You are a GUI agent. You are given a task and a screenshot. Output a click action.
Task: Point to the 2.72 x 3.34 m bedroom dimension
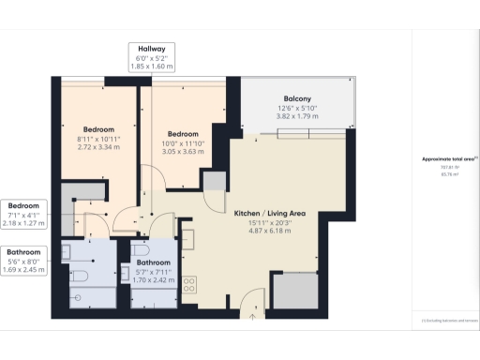[98, 147]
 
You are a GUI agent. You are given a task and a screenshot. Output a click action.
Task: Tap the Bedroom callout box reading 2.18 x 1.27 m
[24, 214]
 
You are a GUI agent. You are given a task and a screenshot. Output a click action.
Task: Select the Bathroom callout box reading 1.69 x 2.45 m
[24, 261]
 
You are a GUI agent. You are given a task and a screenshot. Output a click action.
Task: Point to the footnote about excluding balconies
[445, 321]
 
